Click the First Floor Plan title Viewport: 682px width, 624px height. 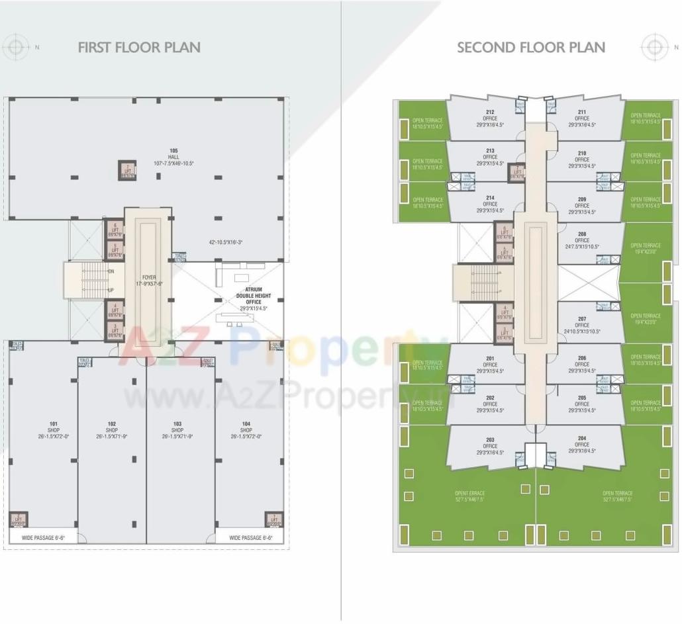pos(139,47)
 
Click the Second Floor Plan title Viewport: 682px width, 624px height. pos(530,47)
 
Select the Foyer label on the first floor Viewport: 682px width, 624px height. pos(148,279)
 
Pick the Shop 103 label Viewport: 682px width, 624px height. pos(177,429)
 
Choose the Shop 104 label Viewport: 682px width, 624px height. pos(246,429)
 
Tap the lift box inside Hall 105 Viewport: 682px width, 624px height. pos(127,170)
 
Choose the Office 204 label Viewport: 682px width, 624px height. pos(582,444)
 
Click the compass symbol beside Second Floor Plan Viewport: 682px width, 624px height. pos(654,47)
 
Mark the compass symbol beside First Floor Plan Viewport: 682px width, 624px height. pos(16,47)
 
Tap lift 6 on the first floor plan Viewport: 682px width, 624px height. pos(115,228)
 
